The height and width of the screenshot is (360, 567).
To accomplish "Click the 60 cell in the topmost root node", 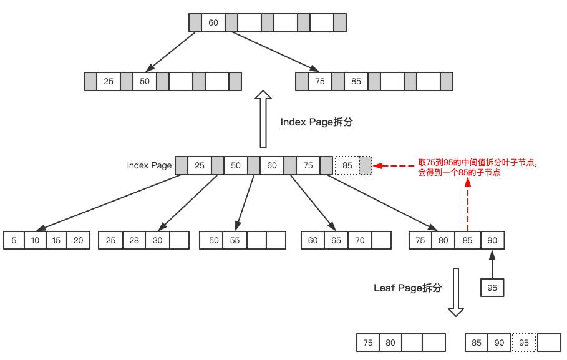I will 213,23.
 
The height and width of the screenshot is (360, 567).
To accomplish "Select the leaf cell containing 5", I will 14,240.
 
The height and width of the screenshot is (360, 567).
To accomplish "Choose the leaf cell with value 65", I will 336,240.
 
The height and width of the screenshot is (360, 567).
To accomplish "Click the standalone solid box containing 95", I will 492,288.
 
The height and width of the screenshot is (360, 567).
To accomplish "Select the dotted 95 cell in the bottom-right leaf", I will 524,343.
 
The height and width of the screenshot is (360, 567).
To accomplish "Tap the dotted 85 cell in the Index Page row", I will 347,166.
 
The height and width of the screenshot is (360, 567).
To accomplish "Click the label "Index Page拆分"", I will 316,122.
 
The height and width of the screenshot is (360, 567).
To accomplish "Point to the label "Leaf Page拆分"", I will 407,288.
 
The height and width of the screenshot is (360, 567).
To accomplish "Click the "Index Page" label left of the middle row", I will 148,166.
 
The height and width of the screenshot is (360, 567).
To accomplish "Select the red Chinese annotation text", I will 477,167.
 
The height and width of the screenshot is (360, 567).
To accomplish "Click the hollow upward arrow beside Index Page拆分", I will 264,119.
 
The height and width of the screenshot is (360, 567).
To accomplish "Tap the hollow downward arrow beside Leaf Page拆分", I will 456,293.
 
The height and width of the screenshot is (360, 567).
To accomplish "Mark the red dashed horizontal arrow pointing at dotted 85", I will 395,167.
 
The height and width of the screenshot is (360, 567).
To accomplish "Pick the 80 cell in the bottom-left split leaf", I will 390,343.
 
